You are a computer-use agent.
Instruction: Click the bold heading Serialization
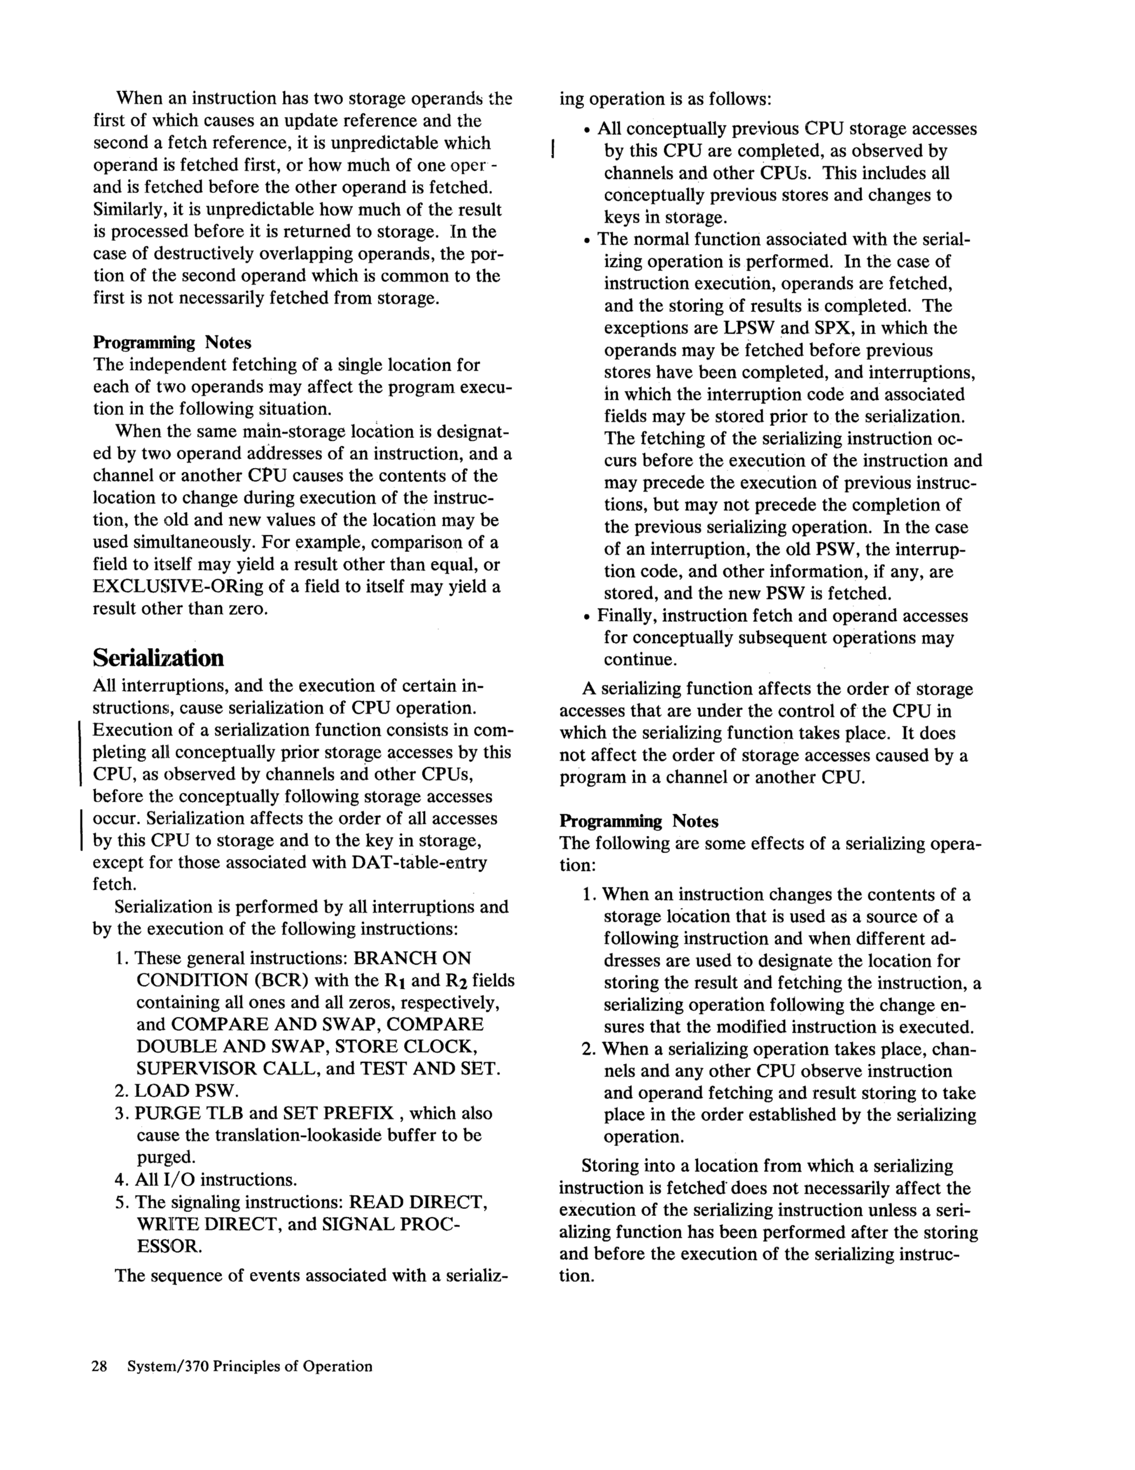click(x=158, y=657)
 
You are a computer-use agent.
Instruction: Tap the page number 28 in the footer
click(x=100, y=1366)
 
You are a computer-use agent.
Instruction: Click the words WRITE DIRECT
click(x=207, y=1224)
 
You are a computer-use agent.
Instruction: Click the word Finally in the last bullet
click(x=627, y=616)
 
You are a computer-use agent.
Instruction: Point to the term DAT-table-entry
click(x=419, y=862)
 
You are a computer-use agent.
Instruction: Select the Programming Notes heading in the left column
click(x=172, y=343)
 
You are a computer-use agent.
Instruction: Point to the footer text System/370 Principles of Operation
click(x=249, y=1366)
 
